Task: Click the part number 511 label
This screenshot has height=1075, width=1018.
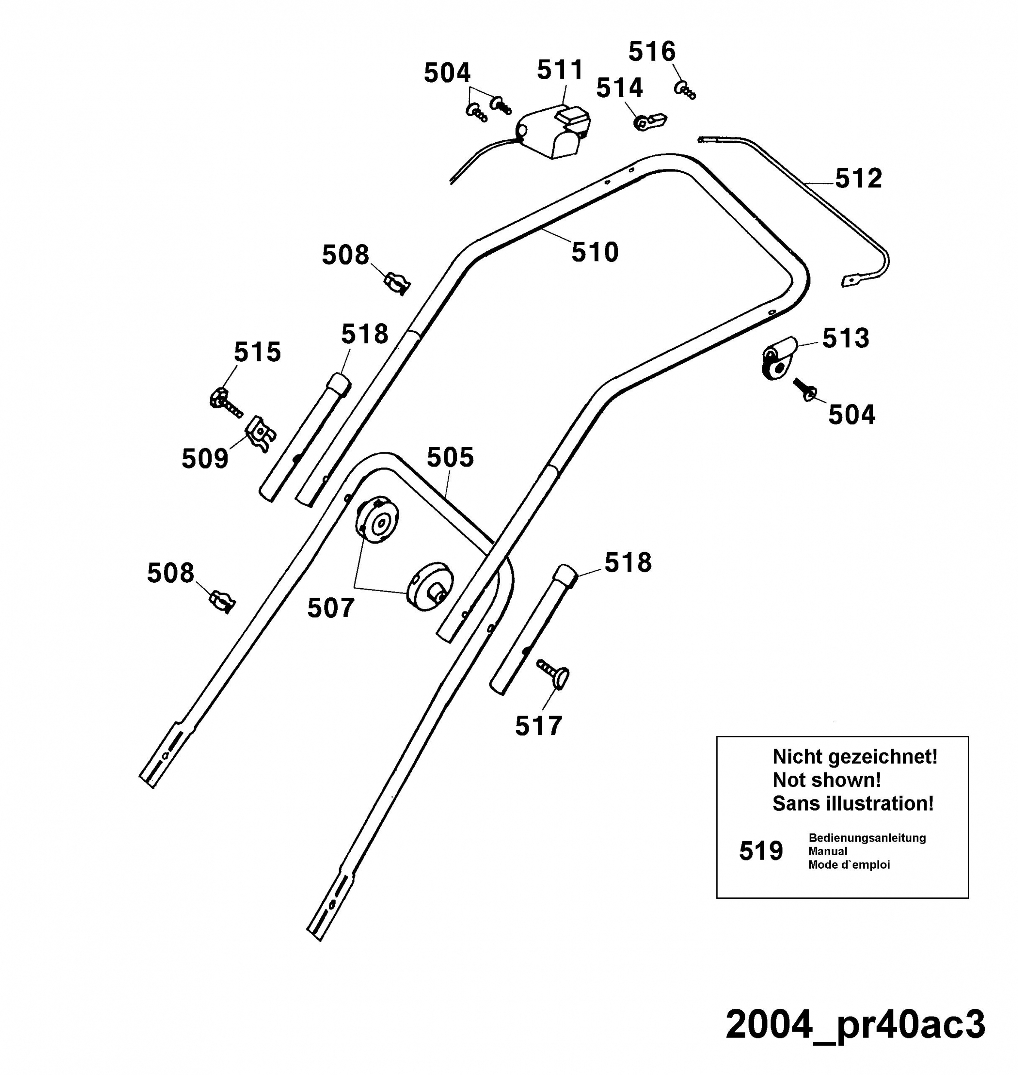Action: click(x=560, y=70)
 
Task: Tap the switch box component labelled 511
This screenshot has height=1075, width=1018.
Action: click(x=553, y=132)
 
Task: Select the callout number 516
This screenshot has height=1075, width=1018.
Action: click(x=652, y=52)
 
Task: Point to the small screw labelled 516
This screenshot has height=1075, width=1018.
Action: click(x=685, y=89)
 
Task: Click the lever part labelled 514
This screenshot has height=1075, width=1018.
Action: click(x=650, y=122)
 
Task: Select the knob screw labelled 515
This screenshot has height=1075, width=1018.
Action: click(x=225, y=402)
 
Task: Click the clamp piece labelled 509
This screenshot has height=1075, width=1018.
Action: click(x=260, y=434)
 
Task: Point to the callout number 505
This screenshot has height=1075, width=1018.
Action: click(x=450, y=457)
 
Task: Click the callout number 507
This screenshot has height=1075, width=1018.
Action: click(x=330, y=608)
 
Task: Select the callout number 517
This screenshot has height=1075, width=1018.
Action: click(x=538, y=726)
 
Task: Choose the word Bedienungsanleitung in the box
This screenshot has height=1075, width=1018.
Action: click(x=867, y=838)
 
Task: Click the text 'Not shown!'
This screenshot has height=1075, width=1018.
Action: click(x=827, y=780)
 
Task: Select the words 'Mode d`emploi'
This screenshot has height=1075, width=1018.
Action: click(x=849, y=864)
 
